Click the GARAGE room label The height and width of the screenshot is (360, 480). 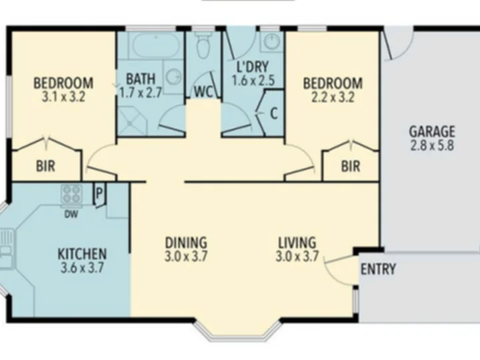tap(432, 131)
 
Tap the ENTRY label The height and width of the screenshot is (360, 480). tap(379, 269)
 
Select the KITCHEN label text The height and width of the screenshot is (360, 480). tap(82, 254)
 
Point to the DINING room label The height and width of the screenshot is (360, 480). tap(186, 243)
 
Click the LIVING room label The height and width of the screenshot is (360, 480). tap(297, 243)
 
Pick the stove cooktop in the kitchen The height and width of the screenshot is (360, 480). tap(71, 194)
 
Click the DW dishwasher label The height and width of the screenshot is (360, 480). tap(71, 214)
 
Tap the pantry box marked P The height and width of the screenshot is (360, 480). tap(99, 195)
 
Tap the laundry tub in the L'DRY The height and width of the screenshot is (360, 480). tap(272, 41)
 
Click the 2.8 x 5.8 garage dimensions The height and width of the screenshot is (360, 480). tap(432, 145)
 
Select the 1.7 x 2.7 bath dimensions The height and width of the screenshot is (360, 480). tap(141, 93)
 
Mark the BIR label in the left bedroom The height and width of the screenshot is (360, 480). tap(45, 166)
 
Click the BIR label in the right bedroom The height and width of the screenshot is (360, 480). tap(351, 166)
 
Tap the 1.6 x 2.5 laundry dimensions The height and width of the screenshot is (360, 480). tap(253, 80)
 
